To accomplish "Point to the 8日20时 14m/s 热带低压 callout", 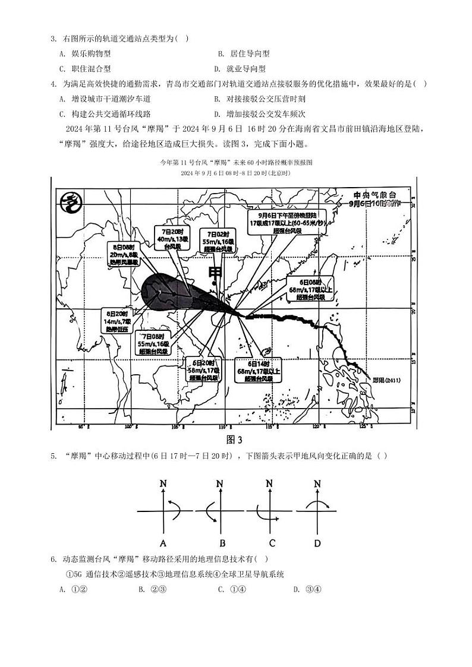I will point(117,321).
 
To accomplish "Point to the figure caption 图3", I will point(235,440).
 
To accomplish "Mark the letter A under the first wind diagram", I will point(163,543).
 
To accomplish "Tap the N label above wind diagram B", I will point(219,484).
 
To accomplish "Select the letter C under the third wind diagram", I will point(272,543).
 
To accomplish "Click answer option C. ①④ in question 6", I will point(229,589).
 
